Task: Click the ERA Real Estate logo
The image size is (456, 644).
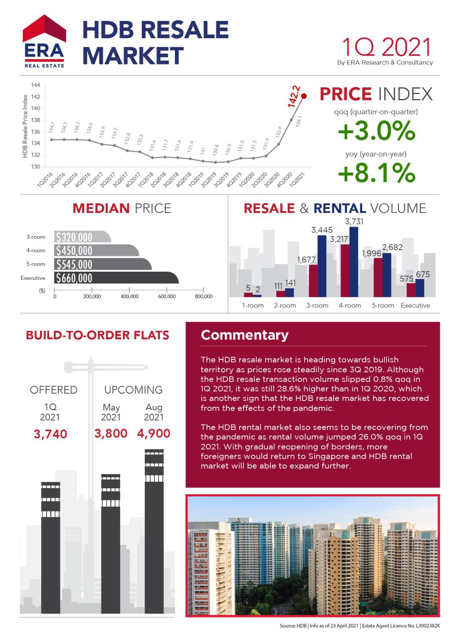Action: [x=44, y=41]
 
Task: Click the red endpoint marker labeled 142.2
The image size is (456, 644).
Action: [x=304, y=96]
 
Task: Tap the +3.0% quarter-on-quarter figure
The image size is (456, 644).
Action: [x=376, y=131]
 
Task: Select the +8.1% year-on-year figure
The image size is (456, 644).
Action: [x=376, y=173]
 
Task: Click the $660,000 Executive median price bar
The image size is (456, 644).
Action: [x=116, y=278]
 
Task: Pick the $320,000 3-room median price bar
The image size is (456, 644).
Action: [x=82, y=237]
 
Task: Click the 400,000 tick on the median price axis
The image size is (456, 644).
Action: [x=129, y=296]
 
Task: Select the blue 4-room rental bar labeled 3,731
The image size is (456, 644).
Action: [x=354, y=262]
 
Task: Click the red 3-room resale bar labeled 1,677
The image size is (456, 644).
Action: [x=313, y=281]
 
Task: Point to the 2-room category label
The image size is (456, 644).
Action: [x=285, y=305]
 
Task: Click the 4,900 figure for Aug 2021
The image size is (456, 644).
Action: [x=153, y=433]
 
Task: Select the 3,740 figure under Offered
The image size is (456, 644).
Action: [x=50, y=434]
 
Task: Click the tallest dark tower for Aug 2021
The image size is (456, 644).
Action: [x=154, y=531]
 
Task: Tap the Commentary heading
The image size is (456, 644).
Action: [x=245, y=335]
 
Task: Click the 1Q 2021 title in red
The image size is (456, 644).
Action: [x=386, y=47]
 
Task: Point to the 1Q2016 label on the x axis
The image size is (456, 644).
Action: [x=44, y=179]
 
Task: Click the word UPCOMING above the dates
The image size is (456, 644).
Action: [x=133, y=390]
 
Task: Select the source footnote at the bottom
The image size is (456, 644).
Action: [x=359, y=626]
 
